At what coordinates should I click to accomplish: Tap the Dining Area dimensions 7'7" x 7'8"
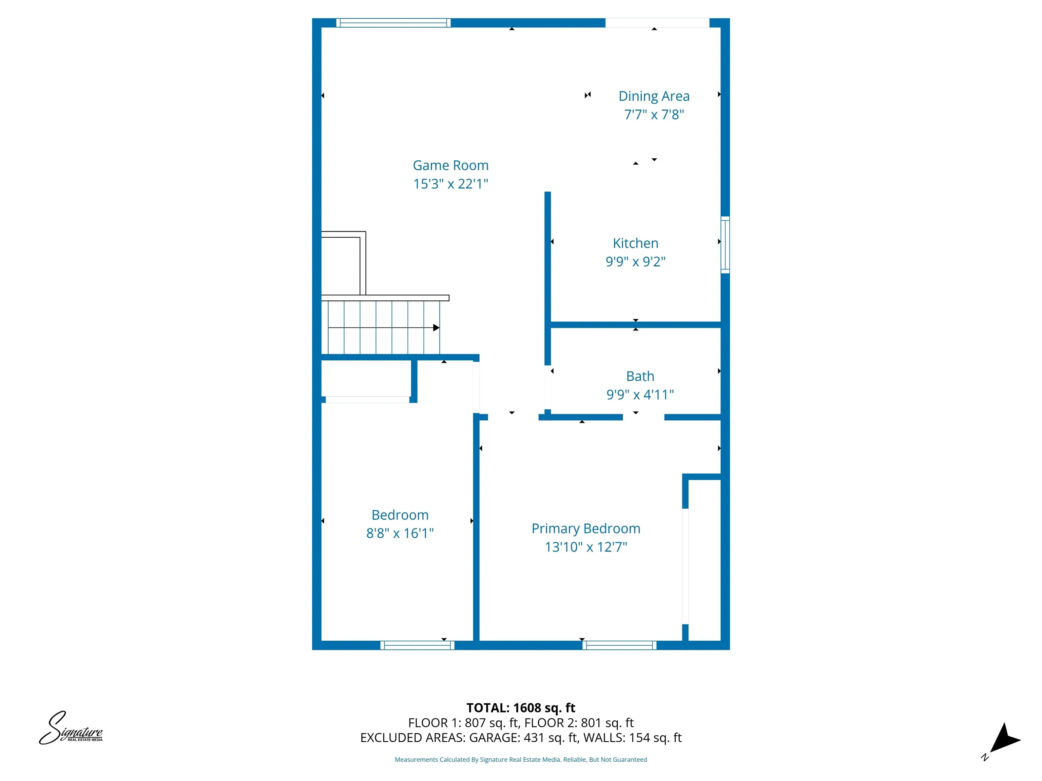click(x=654, y=114)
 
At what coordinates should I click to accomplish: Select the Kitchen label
click(x=635, y=243)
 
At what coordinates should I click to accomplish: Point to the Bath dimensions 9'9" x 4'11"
click(x=640, y=395)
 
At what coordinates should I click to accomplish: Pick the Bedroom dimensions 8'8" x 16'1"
click(x=400, y=533)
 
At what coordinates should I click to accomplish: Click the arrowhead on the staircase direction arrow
click(x=436, y=328)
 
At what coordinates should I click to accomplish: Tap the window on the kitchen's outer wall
click(x=726, y=245)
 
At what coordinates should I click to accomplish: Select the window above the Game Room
click(x=393, y=23)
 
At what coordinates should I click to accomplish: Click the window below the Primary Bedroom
click(x=619, y=645)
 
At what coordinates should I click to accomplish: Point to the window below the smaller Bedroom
click(x=417, y=645)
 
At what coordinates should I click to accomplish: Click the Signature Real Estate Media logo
click(x=71, y=728)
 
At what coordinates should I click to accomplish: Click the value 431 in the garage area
click(x=534, y=738)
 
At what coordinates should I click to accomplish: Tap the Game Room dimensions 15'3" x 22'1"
click(x=450, y=184)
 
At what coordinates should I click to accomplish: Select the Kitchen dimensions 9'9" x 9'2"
click(x=635, y=261)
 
